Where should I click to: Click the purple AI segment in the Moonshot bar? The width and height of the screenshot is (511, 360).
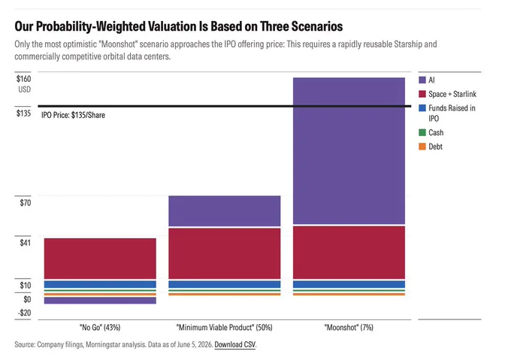click(349, 151)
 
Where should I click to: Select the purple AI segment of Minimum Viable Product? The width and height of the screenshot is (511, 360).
click(225, 210)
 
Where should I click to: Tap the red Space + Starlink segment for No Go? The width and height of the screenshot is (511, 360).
click(100, 259)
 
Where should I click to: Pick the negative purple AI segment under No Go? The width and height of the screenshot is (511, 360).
click(100, 301)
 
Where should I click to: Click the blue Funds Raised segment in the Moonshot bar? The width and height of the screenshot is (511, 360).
click(349, 284)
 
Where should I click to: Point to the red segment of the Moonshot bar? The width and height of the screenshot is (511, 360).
click(349, 253)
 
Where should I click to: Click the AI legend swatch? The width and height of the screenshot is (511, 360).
click(422, 80)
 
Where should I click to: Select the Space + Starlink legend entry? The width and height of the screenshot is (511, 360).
click(447, 94)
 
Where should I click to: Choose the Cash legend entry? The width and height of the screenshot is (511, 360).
click(431, 132)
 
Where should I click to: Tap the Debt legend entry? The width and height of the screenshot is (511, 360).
click(431, 147)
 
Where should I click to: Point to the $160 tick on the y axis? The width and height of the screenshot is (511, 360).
click(24, 79)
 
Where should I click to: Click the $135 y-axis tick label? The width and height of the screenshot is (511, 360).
click(24, 113)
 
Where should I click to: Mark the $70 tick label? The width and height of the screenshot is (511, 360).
click(26, 203)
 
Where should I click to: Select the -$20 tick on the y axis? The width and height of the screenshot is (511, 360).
click(25, 313)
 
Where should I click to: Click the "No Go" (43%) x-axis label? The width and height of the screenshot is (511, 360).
click(100, 328)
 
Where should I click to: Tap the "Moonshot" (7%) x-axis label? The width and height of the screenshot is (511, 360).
click(349, 328)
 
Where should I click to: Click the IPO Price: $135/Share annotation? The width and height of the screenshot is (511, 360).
click(74, 115)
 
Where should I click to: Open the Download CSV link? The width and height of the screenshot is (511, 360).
click(235, 345)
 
